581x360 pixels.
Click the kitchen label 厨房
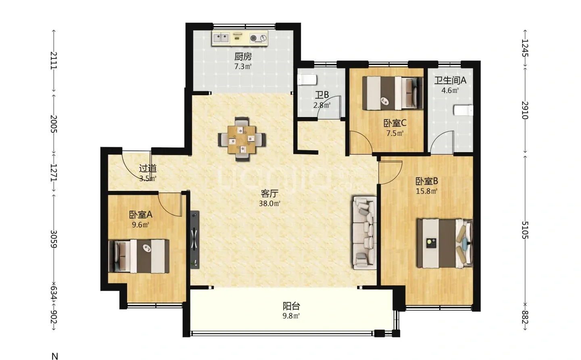(x=243, y=56)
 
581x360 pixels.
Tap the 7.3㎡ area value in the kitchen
(x=243, y=67)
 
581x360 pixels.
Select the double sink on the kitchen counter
(x=221, y=38)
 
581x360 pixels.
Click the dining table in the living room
(x=242, y=139)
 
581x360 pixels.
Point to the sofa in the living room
(x=365, y=232)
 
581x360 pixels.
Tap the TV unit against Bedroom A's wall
(x=194, y=240)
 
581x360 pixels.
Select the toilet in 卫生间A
(x=464, y=110)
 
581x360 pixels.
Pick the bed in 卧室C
(x=393, y=93)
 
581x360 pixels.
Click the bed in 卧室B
(x=445, y=243)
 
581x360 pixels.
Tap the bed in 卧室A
(x=139, y=256)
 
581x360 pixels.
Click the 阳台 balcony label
(x=291, y=306)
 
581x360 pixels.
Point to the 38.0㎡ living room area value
(x=270, y=203)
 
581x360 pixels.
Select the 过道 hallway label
(x=148, y=169)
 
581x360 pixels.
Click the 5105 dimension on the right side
(x=525, y=230)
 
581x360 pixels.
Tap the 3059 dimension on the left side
(x=53, y=239)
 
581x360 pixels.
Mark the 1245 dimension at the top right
(x=525, y=48)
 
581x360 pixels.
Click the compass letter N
(x=55, y=356)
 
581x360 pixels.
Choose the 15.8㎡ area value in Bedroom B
(x=427, y=191)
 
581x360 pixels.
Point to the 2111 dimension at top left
(x=53, y=61)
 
